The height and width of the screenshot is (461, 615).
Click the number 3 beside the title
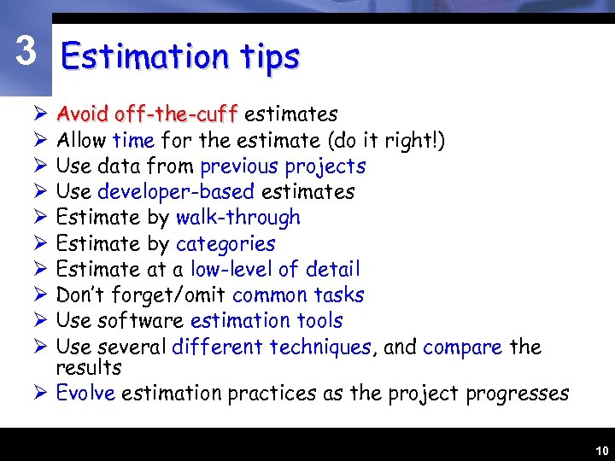click(x=26, y=52)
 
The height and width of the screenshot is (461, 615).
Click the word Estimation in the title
click(x=143, y=57)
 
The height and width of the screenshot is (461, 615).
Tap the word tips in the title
click(x=269, y=57)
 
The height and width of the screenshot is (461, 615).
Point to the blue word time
click(x=133, y=140)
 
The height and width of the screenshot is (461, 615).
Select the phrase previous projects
click(x=283, y=166)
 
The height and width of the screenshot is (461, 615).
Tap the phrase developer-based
click(x=176, y=192)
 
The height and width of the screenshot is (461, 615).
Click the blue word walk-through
click(x=238, y=218)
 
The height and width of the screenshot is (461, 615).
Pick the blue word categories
click(x=225, y=244)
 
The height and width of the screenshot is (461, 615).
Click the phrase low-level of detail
click(x=275, y=270)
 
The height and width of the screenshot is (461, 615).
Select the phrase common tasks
click(x=298, y=295)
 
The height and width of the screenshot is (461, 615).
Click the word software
click(x=142, y=321)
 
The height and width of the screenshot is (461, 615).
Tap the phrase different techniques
click(x=272, y=347)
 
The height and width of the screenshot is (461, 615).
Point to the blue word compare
click(x=462, y=347)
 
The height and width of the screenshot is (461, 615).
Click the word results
click(x=89, y=368)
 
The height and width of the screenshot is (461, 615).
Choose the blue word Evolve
click(x=85, y=394)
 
